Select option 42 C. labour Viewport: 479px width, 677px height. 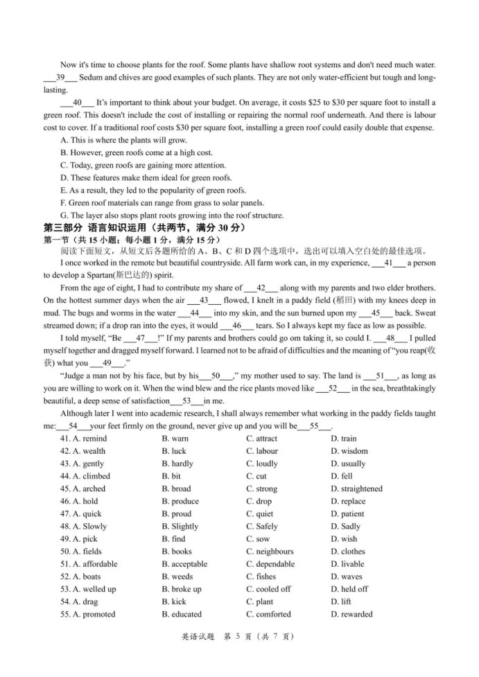[261, 451]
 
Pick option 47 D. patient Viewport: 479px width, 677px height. [347, 513]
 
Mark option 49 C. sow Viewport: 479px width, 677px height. [258, 538]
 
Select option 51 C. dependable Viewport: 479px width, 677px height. [270, 564]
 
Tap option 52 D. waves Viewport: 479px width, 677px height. [347, 577]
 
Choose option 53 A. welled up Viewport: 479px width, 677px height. [88, 589]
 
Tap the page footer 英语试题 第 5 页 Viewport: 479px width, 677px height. [239, 656]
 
